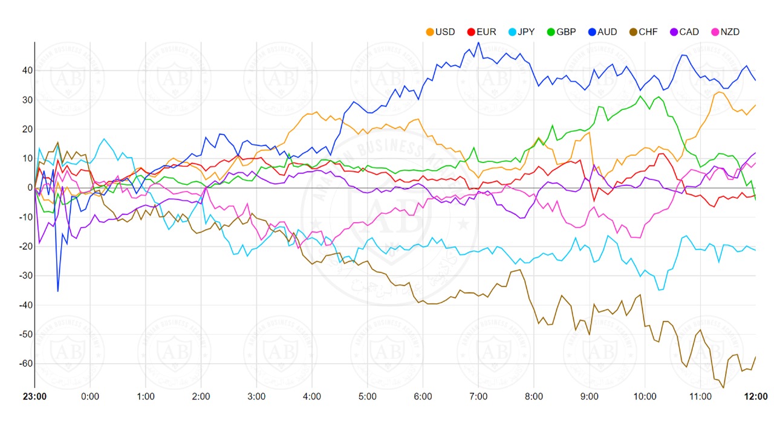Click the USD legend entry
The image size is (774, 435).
coord(441,32)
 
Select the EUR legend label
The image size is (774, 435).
coord(481,32)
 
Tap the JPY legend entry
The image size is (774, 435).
coord(521,32)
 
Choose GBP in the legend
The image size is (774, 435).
coord(562,32)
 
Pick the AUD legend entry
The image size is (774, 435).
coord(602,32)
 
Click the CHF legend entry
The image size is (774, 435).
coord(643,32)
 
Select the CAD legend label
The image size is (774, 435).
coord(683,32)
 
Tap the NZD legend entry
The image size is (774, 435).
coord(724,32)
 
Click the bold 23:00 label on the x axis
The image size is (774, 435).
coord(34,397)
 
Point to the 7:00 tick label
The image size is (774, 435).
coord(478,397)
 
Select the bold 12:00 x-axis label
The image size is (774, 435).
coord(756,397)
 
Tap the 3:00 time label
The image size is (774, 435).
coord(256,397)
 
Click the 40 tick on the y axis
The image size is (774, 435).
coord(26,71)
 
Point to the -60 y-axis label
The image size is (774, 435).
coord(24,364)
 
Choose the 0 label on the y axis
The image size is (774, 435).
coord(28,188)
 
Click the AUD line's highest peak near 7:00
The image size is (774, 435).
coord(478,42)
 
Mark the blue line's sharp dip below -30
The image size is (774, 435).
coord(58,291)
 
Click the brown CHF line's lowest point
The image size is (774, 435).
coord(723,387)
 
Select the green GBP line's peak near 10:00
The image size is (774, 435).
coord(641,96)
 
